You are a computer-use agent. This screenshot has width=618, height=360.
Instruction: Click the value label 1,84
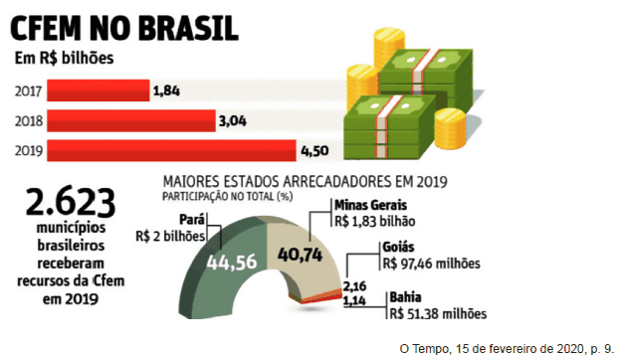point(166,91)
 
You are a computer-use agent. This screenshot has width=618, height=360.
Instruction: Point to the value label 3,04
point(231,121)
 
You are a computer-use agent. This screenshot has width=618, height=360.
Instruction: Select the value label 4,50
point(314,151)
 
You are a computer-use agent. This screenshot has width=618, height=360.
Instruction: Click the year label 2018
point(29,121)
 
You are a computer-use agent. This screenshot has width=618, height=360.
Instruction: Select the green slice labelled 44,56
point(229,263)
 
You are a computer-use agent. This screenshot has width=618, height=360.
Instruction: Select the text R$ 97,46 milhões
point(430,265)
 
